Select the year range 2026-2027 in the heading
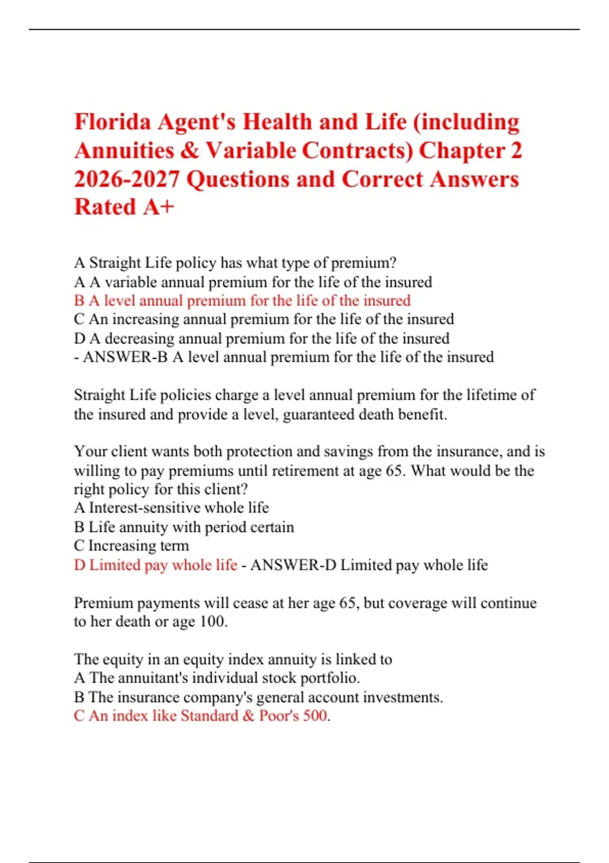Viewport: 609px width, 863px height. pyautogui.click(x=126, y=179)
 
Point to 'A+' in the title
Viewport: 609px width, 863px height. pyautogui.click(x=158, y=207)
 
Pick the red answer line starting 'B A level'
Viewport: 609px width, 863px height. pyautogui.click(x=242, y=301)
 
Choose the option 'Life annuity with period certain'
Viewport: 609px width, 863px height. pyautogui.click(x=191, y=527)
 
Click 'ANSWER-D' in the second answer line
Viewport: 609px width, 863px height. pyautogui.click(x=293, y=565)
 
